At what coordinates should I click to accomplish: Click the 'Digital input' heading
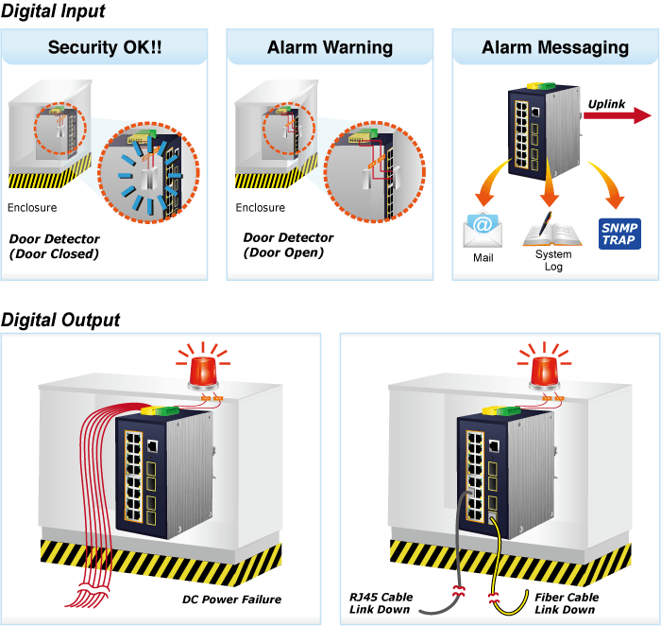tap(53, 11)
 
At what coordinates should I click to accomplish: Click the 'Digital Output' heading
tap(60, 320)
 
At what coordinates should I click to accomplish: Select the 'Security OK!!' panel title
tap(105, 47)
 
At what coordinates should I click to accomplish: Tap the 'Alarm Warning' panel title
tap(330, 47)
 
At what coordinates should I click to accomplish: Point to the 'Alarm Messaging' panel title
tap(554, 47)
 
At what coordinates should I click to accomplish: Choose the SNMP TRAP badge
tap(620, 232)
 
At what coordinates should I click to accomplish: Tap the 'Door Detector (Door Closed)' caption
tap(54, 246)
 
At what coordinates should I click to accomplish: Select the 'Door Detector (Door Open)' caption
tap(288, 245)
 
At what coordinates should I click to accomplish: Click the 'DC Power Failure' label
tap(231, 600)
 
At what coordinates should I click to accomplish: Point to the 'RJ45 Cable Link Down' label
tap(382, 603)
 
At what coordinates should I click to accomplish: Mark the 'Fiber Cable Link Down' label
tap(567, 603)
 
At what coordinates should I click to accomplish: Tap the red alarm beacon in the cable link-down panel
tap(543, 371)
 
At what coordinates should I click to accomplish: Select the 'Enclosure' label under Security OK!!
tap(32, 208)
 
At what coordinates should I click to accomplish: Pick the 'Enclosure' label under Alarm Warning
tap(261, 208)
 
